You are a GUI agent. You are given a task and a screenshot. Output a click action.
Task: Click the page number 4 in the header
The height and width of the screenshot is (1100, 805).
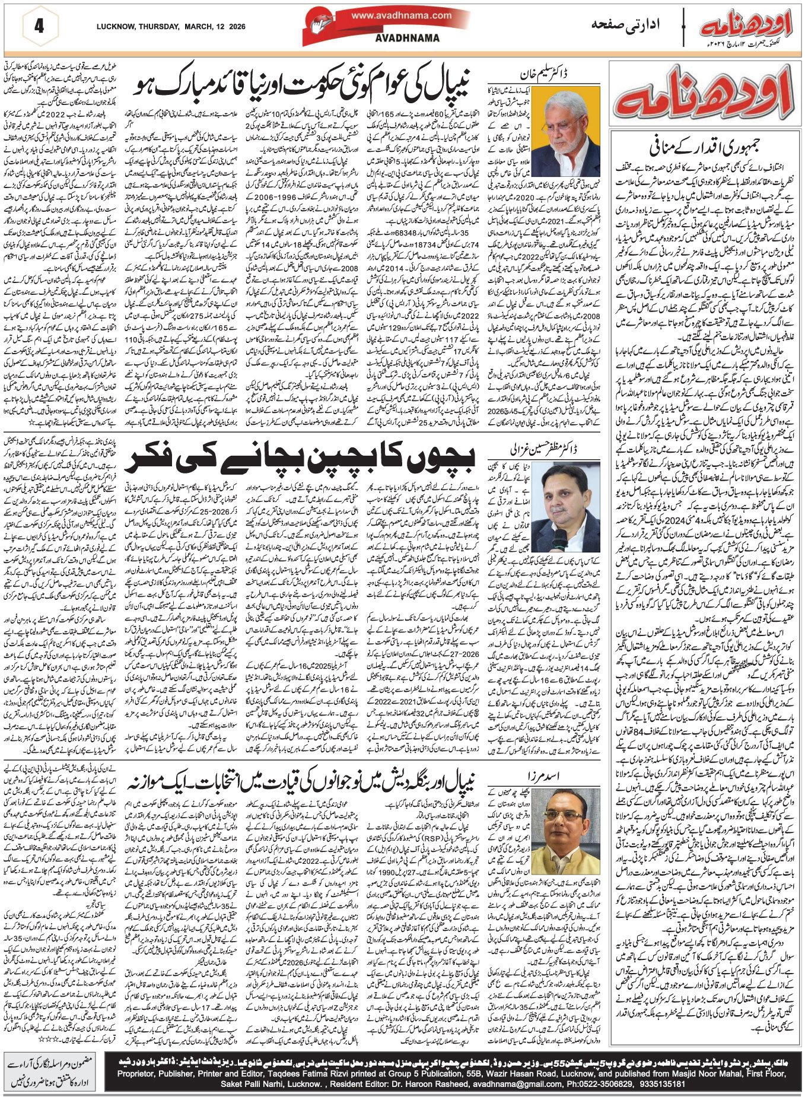point(40,27)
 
